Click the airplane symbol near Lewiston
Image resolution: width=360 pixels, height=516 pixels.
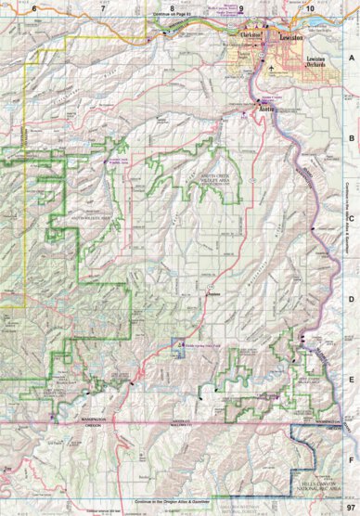pyautogui.click(x=270, y=68)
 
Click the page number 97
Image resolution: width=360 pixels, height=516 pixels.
pyautogui.click(x=350, y=507)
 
